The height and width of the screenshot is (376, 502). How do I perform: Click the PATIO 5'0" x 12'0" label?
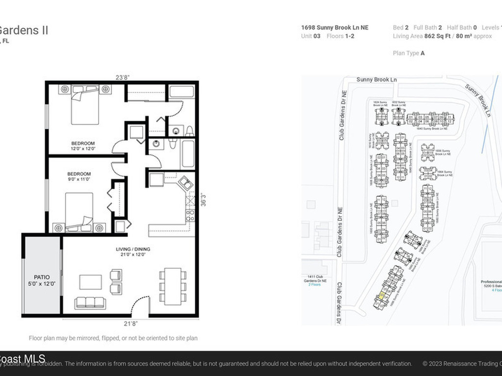[42, 280]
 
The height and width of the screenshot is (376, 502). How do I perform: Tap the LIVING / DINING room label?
[130, 252]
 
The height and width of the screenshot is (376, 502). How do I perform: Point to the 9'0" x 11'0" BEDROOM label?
[78, 177]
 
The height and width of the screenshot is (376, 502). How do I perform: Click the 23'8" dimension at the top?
[123, 76]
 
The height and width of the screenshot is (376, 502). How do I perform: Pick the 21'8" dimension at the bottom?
[130, 323]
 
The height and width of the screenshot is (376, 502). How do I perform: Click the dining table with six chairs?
[173, 285]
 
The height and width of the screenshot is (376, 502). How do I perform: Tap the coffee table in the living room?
[91, 282]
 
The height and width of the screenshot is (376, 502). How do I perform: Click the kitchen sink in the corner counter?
[185, 183]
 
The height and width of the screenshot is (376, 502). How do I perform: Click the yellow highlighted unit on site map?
[380, 297]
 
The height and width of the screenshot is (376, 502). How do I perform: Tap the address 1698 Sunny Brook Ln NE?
[334, 28]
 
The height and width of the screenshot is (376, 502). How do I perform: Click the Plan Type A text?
[409, 53]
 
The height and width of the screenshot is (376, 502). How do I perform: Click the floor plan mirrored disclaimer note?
[113, 338]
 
